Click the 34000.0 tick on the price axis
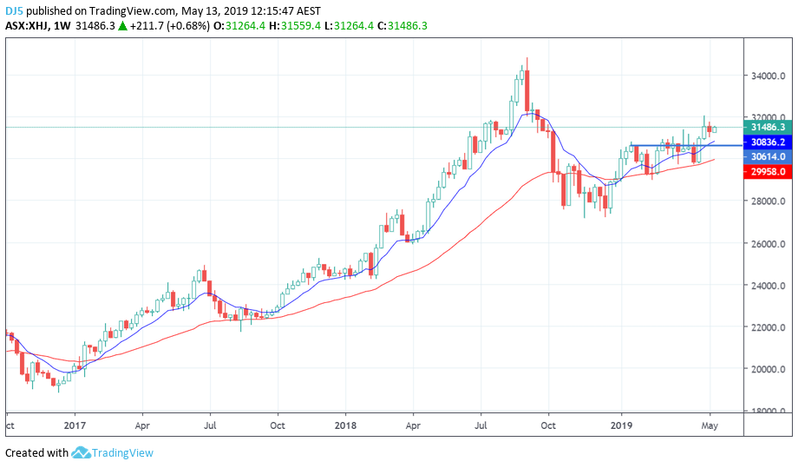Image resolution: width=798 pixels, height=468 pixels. pos(768,76)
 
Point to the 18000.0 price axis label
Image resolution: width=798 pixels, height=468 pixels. pos(768,411)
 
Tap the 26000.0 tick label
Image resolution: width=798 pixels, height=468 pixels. pos(768,244)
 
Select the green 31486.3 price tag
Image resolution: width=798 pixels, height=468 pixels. pos(768,127)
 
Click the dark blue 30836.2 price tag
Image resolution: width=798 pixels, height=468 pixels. pos(768,142)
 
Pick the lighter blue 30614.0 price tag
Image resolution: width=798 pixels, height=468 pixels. pos(768,156)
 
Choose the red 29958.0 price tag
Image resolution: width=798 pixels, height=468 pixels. pos(768,172)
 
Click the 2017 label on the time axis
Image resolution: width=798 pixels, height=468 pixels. pos(75,425)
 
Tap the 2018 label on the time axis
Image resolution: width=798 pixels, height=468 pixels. pos(345,425)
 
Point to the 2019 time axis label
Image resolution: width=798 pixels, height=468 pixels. pos(621,425)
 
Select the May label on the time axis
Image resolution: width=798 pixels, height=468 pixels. pos(710,425)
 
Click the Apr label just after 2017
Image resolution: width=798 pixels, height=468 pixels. pos(143,425)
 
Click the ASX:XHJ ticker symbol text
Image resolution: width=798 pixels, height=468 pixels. pos(28,26)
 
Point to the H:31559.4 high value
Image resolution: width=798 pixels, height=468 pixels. pos(293,26)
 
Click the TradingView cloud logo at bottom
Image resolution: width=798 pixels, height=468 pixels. pos(82,452)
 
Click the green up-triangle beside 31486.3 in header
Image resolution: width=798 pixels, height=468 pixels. pos(123,26)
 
